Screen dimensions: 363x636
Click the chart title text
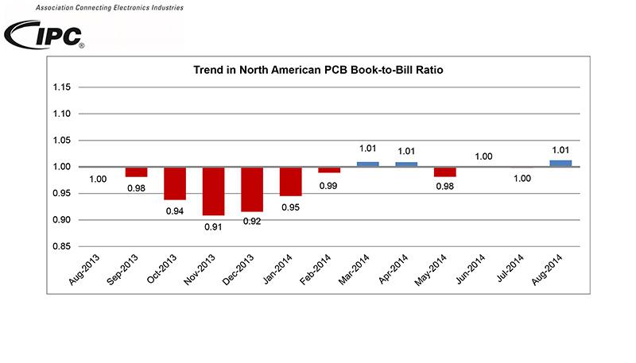point(317,70)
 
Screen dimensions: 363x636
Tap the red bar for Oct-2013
point(175,183)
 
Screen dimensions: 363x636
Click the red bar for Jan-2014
point(291,181)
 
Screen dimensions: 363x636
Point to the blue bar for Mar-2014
point(367,164)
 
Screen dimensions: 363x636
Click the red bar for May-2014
point(445,172)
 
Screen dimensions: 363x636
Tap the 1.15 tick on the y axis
point(61,87)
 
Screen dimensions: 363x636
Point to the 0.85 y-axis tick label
point(61,247)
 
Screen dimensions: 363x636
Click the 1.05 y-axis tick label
point(61,141)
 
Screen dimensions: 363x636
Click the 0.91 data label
point(214,226)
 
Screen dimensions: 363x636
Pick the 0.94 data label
point(175,210)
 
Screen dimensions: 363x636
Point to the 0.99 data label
point(329,185)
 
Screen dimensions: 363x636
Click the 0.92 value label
point(252,222)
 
